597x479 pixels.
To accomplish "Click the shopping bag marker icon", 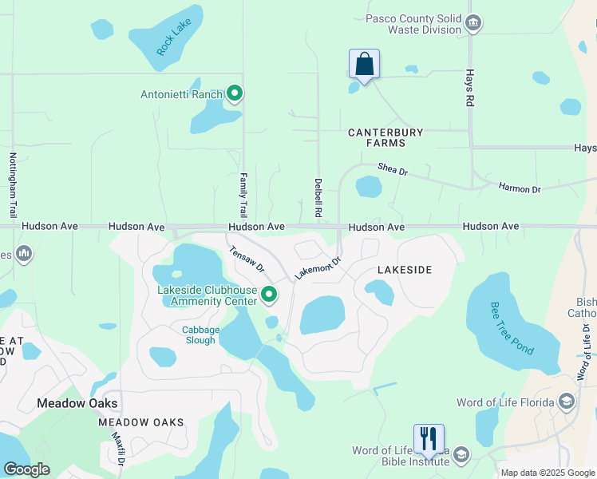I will click(x=364, y=65).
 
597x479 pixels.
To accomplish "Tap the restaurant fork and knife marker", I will click(x=429, y=437).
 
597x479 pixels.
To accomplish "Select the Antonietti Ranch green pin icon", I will click(x=235, y=94).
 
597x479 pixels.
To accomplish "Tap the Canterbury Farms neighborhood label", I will click(x=385, y=137).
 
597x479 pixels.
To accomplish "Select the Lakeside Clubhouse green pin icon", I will click(x=269, y=295).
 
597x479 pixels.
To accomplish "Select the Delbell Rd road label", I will click(x=318, y=198).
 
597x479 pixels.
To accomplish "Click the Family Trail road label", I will click(x=243, y=196).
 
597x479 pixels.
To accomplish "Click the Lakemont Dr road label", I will click(x=318, y=267).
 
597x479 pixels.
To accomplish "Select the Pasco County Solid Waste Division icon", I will click(x=473, y=23).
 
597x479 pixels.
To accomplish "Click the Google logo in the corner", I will click(x=26, y=469).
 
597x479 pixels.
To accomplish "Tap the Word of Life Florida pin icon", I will click(x=567, y=402).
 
